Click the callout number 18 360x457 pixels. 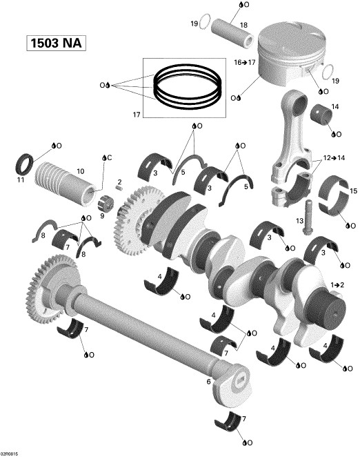[243, 26]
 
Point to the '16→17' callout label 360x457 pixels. [245, 61]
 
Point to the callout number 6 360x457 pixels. [209, 380]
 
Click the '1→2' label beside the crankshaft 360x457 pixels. [337, 284]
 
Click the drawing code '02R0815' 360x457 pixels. [10, 453]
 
